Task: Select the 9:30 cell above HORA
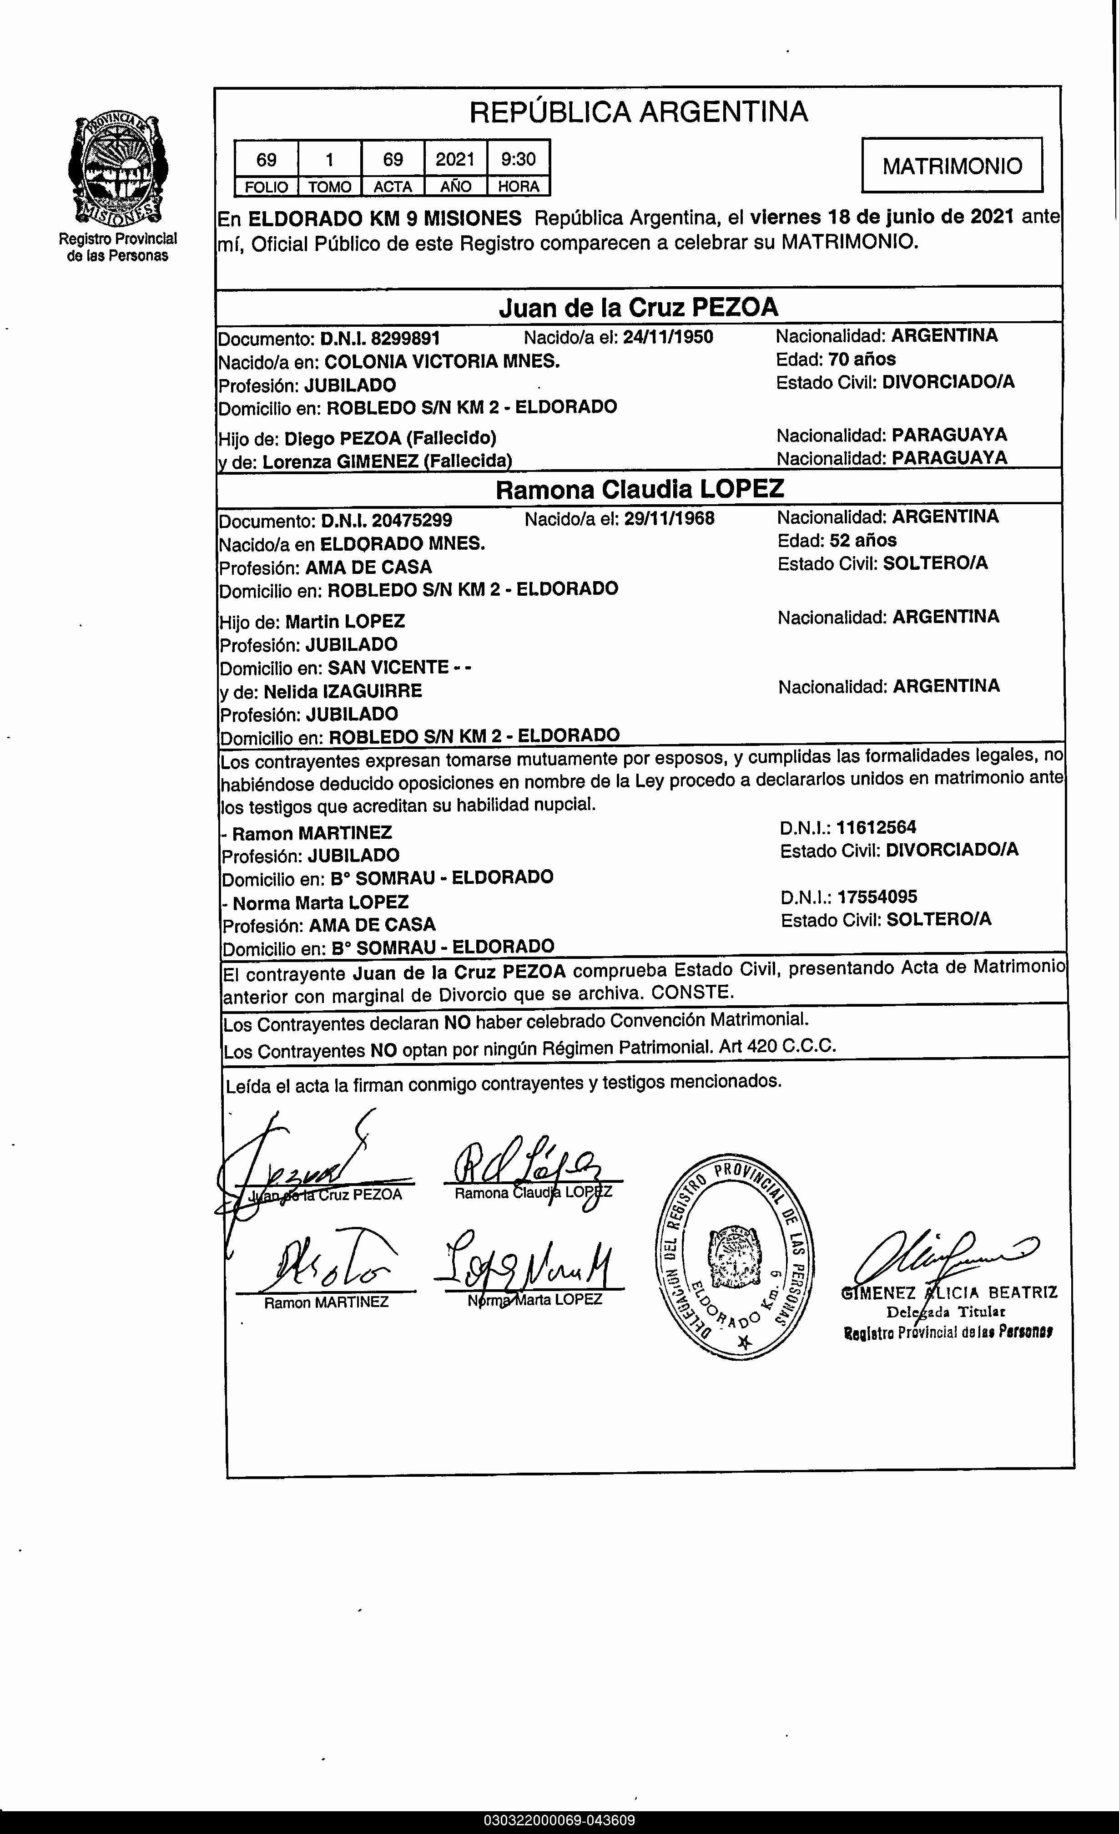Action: pos(519,158)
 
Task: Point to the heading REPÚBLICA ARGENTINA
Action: pos(638,111)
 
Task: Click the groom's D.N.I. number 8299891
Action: pos(405,339)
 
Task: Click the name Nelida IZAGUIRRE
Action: pos(343,691)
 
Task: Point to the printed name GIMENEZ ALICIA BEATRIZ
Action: pos(948,1293)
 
